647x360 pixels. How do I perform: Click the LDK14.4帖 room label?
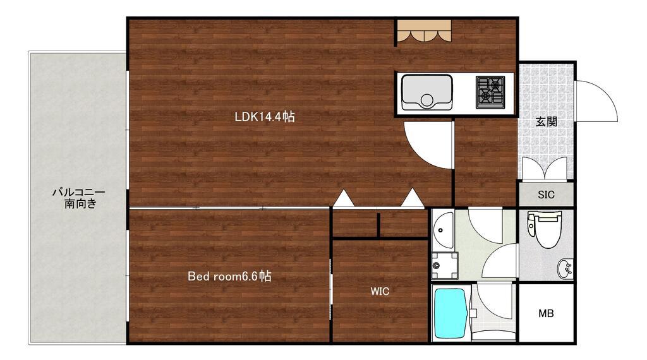click(x=265, y=117)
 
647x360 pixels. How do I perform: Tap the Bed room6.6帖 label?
click(x=229, y=276)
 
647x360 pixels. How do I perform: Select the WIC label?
click(x=380, y=292)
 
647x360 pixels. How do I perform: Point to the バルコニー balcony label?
click(x=79, y=193)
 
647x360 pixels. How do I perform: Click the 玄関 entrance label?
click(x=547, y=122)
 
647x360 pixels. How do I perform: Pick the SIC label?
click(x=546, y=195)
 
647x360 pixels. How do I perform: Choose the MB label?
click(x=546, y=313)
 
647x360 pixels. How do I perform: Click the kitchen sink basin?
click(x=426, y=92)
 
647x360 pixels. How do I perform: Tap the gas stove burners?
click(x=490, y=92)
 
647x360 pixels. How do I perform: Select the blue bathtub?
click(x=450, y=313)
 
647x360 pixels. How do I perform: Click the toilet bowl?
click(x=547, y=229)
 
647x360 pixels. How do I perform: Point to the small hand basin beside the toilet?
click(x=565, y=268)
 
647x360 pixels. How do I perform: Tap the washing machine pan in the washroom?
click(x=444, y=265)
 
